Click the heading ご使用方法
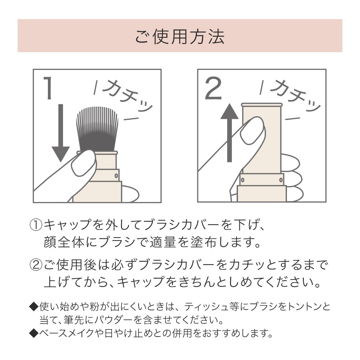[x=180, y=36]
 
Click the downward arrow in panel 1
[x=60, y=133]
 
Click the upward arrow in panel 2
[x=229, y=133]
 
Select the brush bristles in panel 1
[x=97, y=126]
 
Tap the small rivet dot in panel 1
[x=116, y=175]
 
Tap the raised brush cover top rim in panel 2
[x=262, y=105]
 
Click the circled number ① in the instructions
[x=36, y=226]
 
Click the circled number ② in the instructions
[x=36, y=266]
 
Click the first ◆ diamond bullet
[x=33, y=307]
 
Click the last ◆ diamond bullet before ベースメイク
[x=33, y=334]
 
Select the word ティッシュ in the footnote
[x=202, y=307]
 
